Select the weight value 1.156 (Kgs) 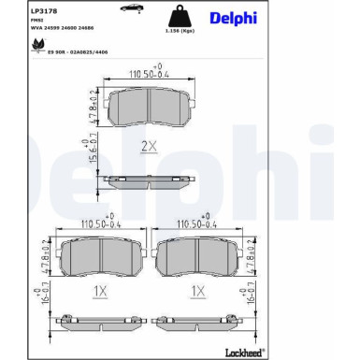pyautogui.click(x=174, y=36)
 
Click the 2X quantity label pyautogui.click(x=149, y=145)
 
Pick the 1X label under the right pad pyautogui.click(x=197, y=292)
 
